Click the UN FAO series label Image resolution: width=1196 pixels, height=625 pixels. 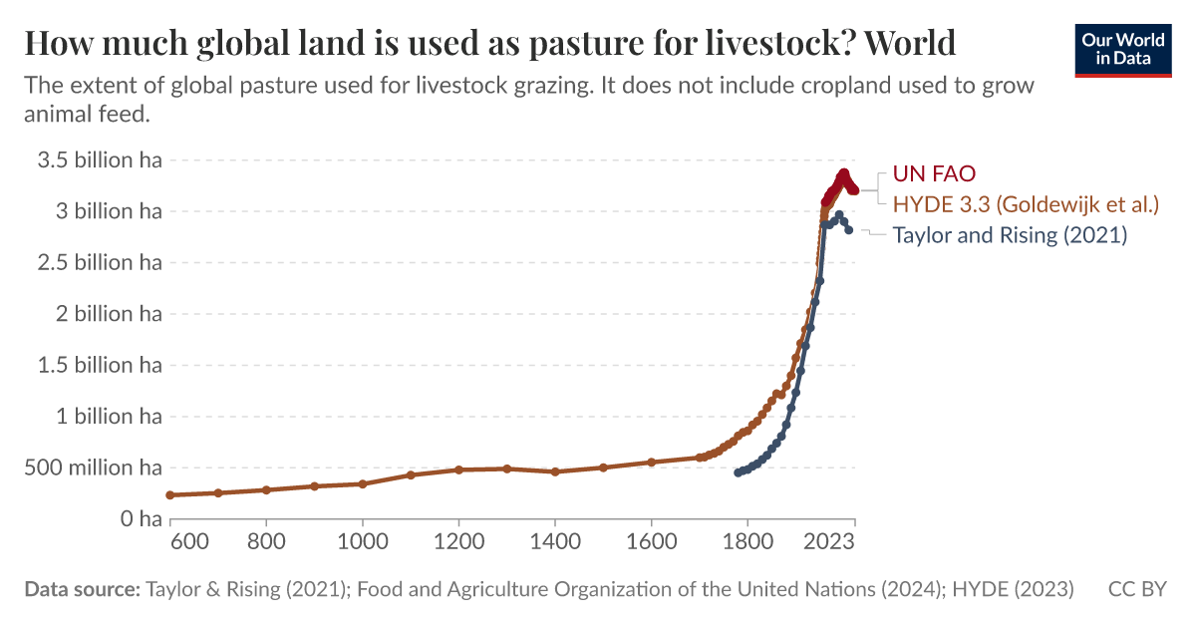[x=933, y=173]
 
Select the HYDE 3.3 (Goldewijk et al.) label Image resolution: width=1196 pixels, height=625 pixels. [x=1026, y=204]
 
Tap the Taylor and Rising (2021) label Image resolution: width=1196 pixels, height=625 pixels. [x=1009, y=236]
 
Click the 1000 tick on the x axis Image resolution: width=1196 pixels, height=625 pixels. [x=362, y=542]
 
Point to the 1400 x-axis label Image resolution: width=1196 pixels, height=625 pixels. [x=554, y=542]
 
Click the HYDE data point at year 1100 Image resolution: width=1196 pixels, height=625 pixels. [x=411, y=474]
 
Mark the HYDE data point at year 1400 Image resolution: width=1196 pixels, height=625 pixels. [x=555, y=471]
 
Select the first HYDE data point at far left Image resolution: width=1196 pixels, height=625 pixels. [x=170, y=495]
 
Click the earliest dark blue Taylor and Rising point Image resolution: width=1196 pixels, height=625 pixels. [x=738, y=472]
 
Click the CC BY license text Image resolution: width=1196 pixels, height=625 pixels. [x=1137, y=589]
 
